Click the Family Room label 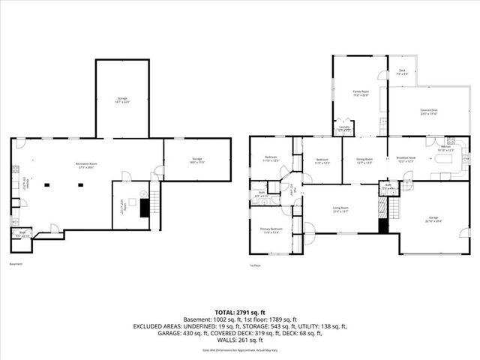pyautogui.click(x=362, y=94)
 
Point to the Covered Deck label pyautogui.click(x=429, y=112)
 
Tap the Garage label pyautogui.click(x=435, y=220)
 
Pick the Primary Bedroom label pyautogui.click(x=270, y=230)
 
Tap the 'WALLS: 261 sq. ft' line pyautogui.click(x=240, y=340)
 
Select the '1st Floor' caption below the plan pyautogui.click(x=255, y=265)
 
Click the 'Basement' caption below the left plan pyautogui.click(x=15, y=265)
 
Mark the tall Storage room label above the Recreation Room pyautogui.click(x=121, y=98)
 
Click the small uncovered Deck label pyautogui.click(x=401, y=73)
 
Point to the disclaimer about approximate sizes pyautogui.click(x=240, y=350)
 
